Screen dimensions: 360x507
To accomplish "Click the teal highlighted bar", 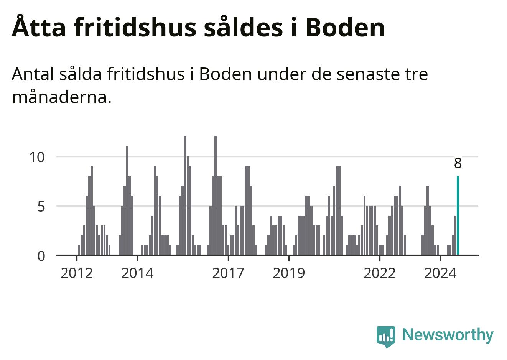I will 458,215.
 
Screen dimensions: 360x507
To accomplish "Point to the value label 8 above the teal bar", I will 458,163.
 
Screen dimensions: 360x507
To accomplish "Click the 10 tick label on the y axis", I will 37,157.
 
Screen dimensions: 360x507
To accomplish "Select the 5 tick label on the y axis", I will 41,207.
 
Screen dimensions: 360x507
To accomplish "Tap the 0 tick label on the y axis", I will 41,256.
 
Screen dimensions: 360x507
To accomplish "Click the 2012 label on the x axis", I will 77,273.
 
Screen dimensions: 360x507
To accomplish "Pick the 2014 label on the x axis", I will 137,273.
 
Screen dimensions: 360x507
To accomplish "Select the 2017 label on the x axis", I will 228,273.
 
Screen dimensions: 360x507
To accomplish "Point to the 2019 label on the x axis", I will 289,273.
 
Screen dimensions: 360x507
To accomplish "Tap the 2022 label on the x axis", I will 380,273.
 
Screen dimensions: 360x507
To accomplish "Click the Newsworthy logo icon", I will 385,336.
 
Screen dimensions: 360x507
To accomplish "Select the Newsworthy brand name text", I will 448,335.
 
